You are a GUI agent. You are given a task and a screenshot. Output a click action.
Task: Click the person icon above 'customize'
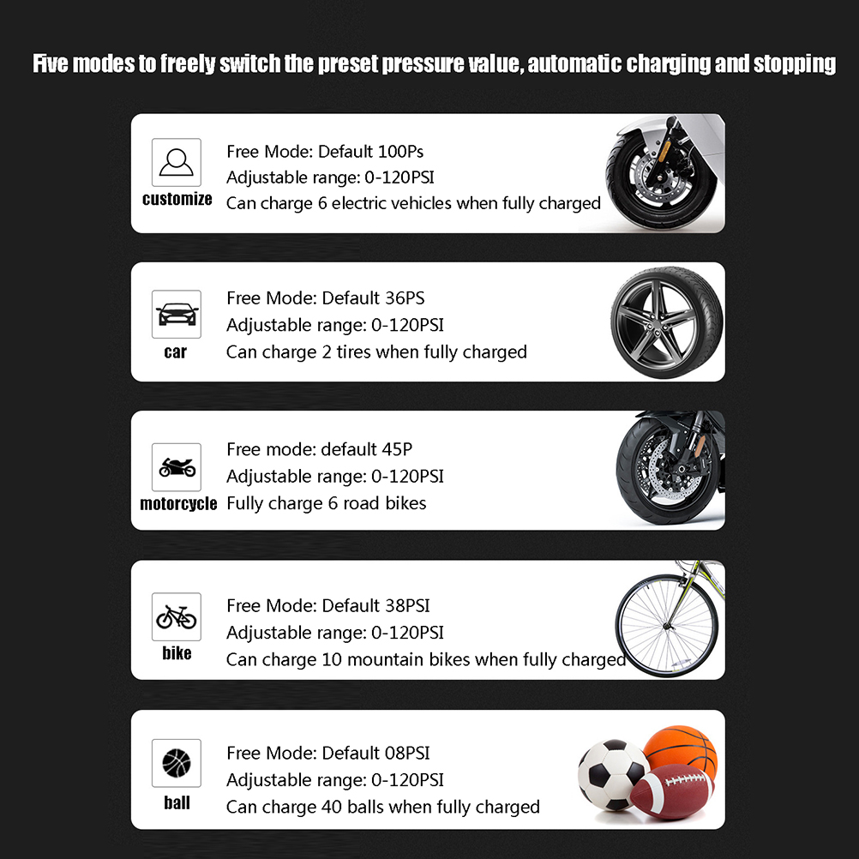click(176, 162)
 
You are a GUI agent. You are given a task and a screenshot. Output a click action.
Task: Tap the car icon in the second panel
click(177, 315)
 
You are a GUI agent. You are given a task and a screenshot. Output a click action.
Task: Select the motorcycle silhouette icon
click(177, 467)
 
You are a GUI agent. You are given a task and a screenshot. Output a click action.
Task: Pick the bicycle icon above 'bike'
click(177, 617)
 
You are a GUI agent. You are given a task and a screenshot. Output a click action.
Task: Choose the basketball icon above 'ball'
click(177, 763)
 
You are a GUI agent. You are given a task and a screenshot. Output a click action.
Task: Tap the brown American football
click(671, 791)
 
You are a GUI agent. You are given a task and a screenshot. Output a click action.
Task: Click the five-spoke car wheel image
click(667, 322)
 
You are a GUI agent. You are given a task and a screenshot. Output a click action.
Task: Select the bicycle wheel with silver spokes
click(667, 626)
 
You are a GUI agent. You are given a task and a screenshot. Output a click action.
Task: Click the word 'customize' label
click(177, 199)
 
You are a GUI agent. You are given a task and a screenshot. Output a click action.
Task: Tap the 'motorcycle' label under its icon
click(178, 503)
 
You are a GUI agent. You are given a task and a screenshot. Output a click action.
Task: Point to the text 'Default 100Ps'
click(371, 151)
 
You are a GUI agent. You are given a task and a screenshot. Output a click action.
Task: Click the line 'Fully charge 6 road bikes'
click(327, 503)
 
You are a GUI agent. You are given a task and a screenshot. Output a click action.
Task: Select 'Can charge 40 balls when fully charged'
click(383, 807)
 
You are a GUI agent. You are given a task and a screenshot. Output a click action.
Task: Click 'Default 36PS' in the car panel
click(373, 298)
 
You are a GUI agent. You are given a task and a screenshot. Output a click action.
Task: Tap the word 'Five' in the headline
click(51, 63)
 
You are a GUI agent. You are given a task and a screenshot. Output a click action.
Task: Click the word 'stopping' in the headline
click(795, 64)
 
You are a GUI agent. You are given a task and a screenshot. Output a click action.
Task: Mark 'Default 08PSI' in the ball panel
click(375, 753)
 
